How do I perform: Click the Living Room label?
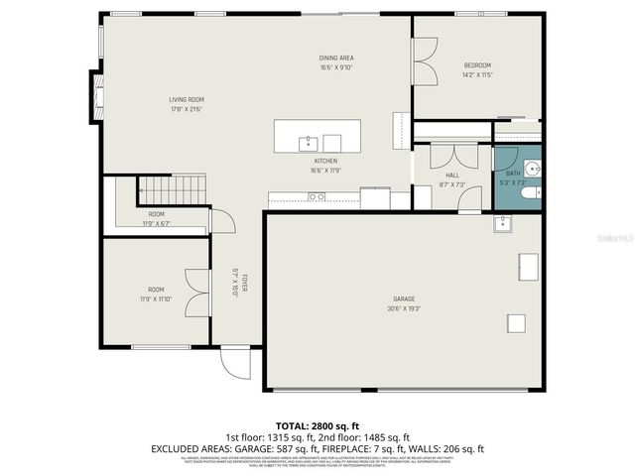click(x=186, y=99)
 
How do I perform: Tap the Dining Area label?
click(x=336, y=58)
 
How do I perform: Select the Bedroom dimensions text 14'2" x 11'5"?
click(x=477, y=74)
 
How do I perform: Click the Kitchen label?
click(x=325, y=161)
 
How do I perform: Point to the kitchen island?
click(x=317, y=137)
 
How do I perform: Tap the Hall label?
click(x=452, y=176)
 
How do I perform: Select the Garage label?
click(x=404, y=298)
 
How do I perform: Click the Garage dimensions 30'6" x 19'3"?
click(x=404, y=307)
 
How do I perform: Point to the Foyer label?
click(x=235, y=284)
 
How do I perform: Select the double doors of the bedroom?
click(x=425, y=60)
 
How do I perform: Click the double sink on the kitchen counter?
click(x=317, y=197)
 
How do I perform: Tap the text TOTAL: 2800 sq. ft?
click(x=317, y=424)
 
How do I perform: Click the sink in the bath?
click(x=531, y=168)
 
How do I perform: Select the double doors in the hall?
click(x=452, y=156)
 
